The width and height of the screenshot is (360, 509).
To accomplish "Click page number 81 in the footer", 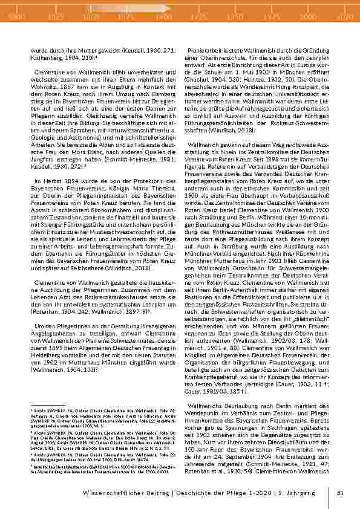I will point(340,494).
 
